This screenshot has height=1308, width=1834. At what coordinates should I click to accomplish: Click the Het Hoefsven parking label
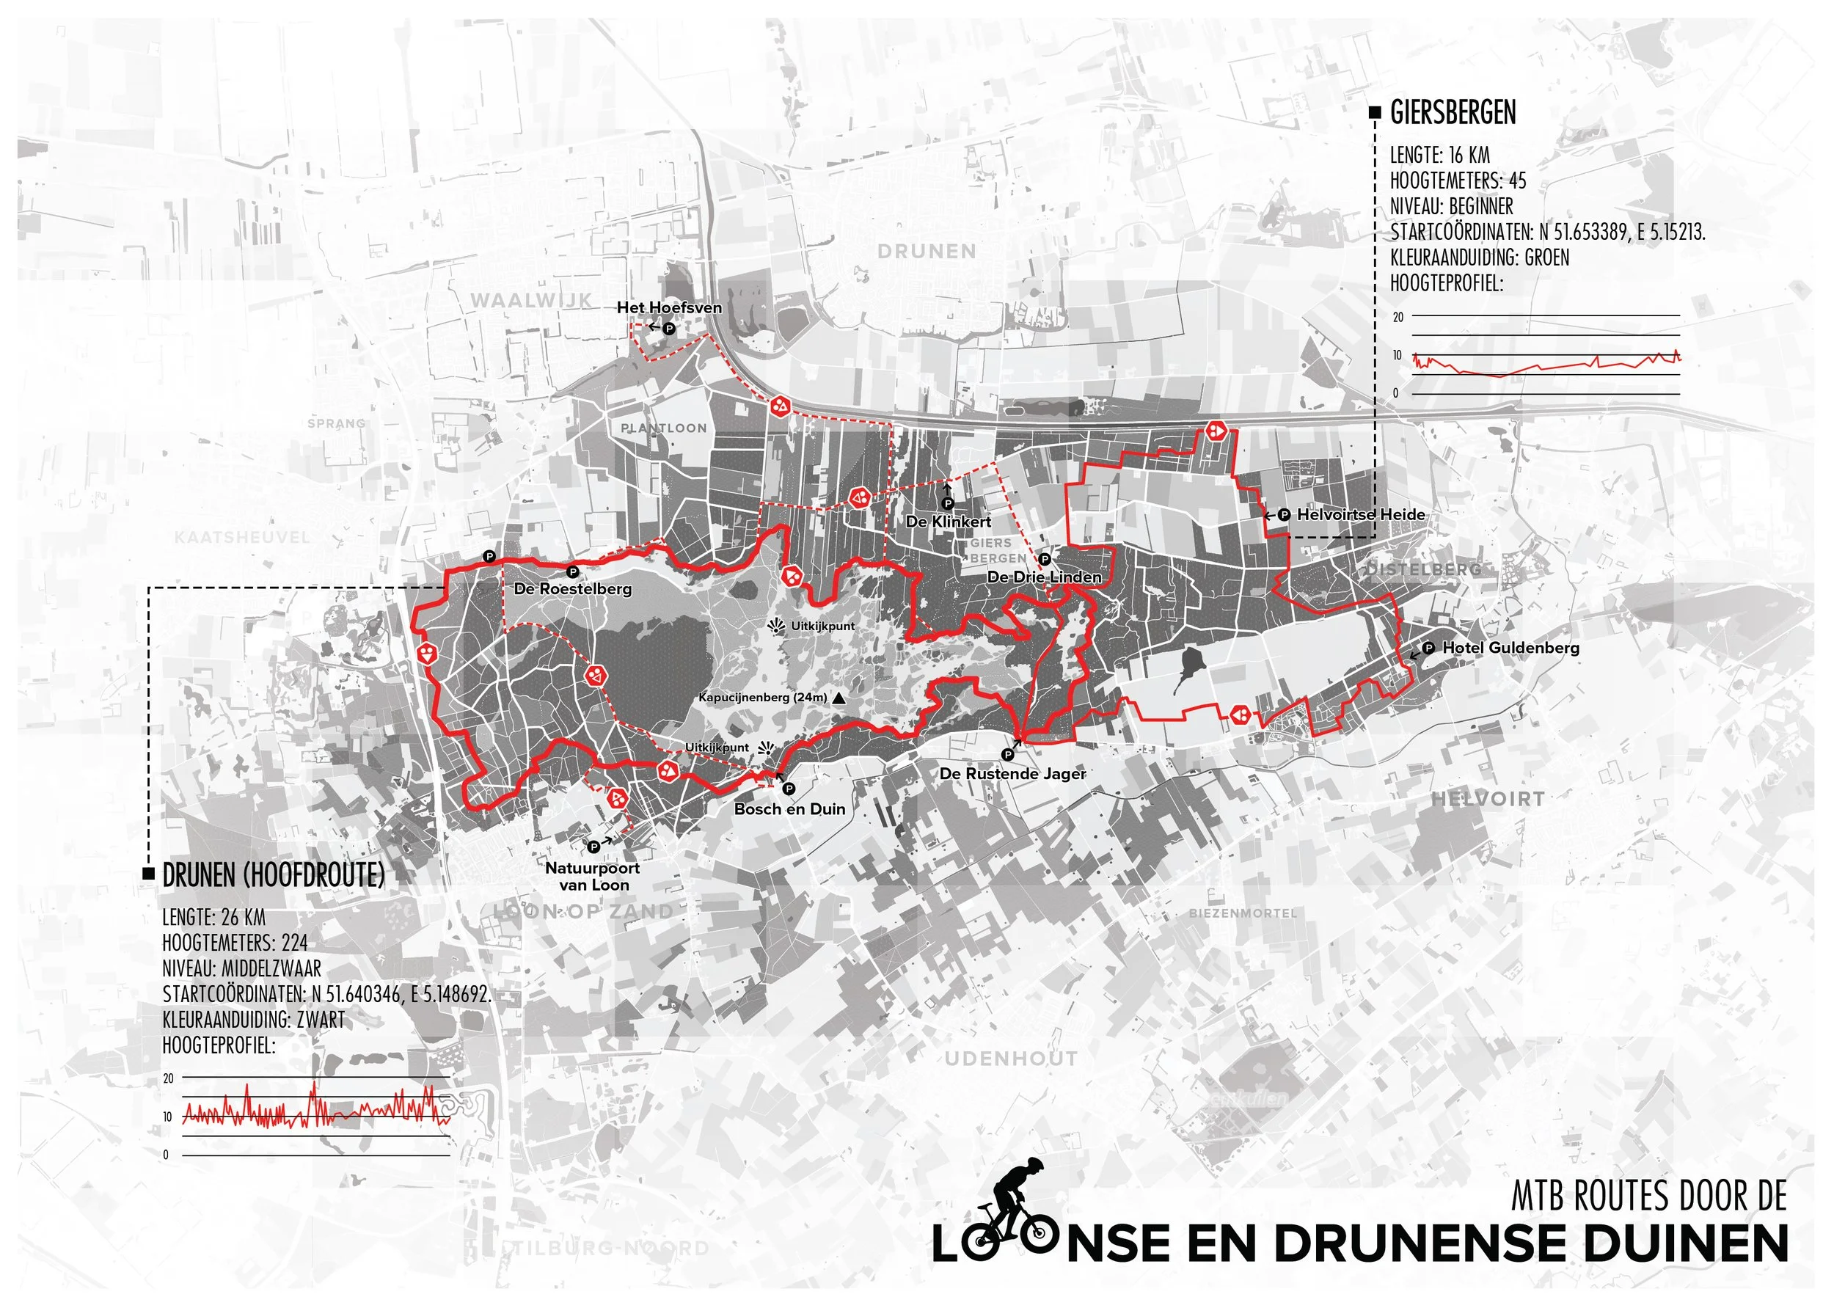coord(669,307)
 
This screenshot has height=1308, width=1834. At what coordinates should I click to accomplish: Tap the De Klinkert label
coord(948,522)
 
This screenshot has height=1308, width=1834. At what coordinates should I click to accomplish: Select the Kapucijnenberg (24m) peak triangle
coord(839,698)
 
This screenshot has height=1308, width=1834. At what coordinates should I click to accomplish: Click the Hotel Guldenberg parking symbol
coord(1429,648)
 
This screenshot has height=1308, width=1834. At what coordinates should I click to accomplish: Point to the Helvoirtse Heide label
coord(1360,515)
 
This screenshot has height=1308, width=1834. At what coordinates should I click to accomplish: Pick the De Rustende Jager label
coord(1012,774)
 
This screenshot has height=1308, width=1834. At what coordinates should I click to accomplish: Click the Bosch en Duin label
coord(789,809)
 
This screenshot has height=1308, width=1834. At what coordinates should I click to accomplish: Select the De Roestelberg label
coord(573,589)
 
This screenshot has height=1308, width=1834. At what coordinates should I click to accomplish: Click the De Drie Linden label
coord(1044,577)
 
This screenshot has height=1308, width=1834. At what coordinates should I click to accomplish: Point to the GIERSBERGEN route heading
coord(1453,114)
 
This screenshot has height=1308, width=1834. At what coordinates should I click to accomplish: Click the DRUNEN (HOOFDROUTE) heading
coord(273,875)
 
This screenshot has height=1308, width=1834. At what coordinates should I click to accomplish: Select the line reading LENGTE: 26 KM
coord(213,918)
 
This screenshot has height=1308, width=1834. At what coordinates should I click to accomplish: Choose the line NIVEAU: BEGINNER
coord(1451,206)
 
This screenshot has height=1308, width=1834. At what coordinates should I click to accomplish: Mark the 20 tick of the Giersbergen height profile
coord(1398,318)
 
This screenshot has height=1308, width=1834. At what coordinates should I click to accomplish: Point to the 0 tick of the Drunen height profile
coord(166,1155)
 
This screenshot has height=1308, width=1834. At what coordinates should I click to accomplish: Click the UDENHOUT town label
coord(1011,1059)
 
